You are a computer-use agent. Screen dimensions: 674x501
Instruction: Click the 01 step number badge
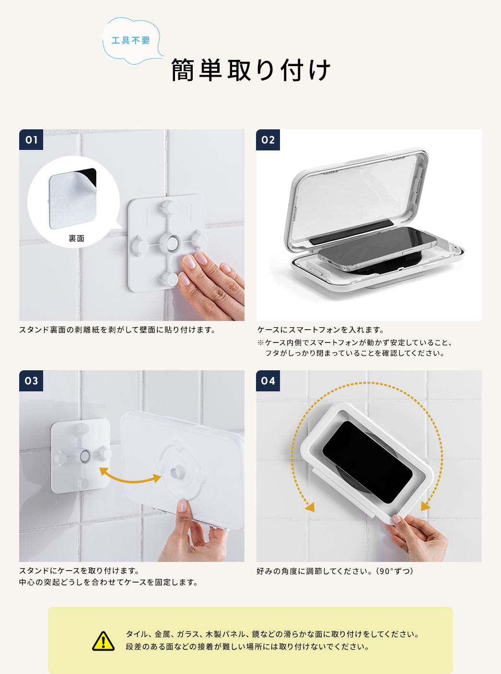point(31,140)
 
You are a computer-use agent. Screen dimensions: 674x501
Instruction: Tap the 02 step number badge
point(268,140)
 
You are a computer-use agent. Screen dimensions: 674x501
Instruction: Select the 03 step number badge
point(31,381)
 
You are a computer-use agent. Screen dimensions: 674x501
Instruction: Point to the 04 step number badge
point(268,381)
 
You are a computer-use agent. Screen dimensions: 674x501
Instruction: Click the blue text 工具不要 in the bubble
point(131,41)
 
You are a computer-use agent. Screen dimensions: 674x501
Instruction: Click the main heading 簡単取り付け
point(251,70)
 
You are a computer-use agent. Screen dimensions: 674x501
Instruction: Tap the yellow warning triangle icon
point(103,641)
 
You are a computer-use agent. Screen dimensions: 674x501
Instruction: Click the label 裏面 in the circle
point(76,238)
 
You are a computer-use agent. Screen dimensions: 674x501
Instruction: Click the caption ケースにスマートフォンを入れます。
point(321,330)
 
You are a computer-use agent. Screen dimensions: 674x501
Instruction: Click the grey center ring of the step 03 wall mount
point(85,456)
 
